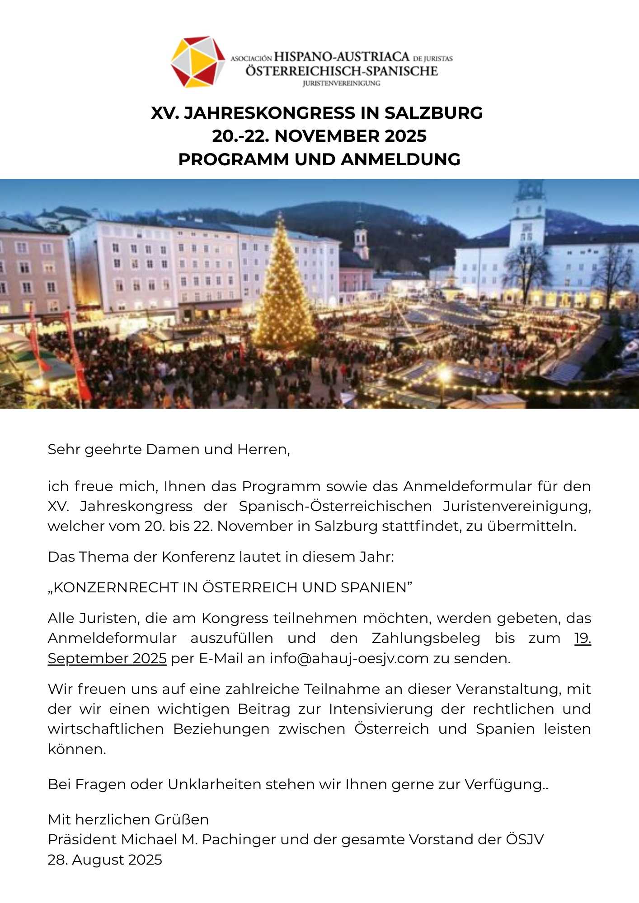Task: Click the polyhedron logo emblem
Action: (197, 62)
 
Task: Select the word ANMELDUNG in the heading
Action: (400, 159)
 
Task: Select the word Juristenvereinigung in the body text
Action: (517, 506)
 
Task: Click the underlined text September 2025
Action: (107, 658)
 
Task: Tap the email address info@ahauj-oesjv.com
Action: (349, 658)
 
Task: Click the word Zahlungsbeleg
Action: (426, 638)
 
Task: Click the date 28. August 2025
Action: (105, 860)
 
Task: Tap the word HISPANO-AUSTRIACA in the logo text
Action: (342, 57)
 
